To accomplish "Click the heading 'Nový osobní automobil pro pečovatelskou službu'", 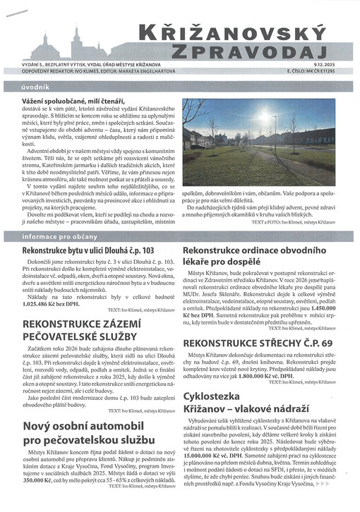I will coord(91,433).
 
